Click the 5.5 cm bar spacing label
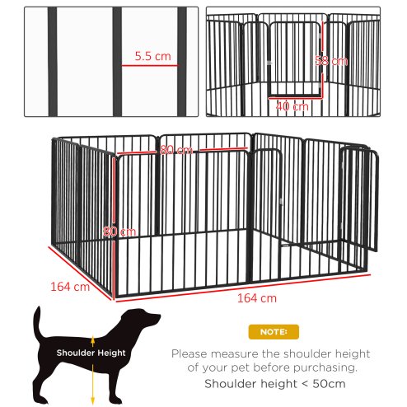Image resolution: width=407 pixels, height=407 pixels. click(x=152, y=58)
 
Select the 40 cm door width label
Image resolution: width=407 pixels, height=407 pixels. click(x=292, y=106)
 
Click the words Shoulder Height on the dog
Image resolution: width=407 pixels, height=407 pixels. click(x=91, y=353)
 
